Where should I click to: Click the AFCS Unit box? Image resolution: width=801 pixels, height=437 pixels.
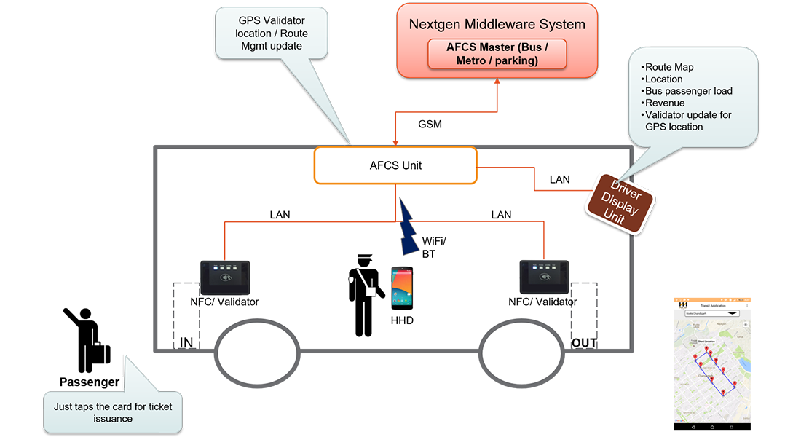(x=395, y=165)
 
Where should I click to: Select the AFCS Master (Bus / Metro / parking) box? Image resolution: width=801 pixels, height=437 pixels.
(x=497, y=54)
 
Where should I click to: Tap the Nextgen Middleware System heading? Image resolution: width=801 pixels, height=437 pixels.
(x=497, y=24)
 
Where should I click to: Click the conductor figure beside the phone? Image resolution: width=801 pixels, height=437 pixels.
(x=364, y=295)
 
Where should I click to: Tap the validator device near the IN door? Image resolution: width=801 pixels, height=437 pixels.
(x=226, y=277)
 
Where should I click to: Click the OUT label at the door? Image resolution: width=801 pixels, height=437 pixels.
(x=584, y=342)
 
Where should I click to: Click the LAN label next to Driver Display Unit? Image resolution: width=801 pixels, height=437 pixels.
(x=559, y=179)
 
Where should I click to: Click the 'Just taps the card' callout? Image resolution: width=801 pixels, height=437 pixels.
(x=113, y=412)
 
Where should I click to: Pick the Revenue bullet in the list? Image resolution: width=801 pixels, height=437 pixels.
(x=665, y=103)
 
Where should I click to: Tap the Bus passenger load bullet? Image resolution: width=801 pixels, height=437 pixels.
(x=688, y=91)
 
